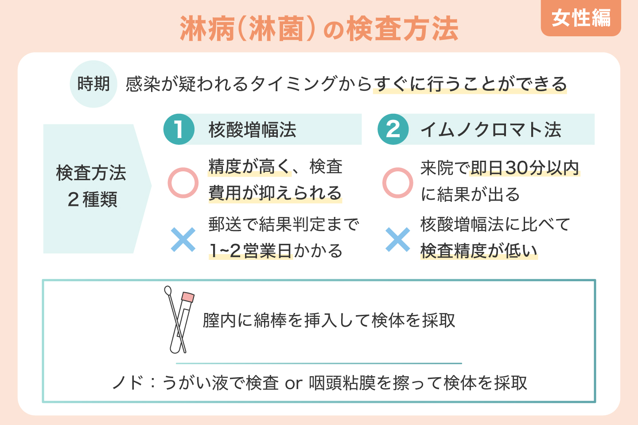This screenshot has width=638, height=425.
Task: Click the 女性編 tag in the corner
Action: pyautogui.click(x=581, y=18)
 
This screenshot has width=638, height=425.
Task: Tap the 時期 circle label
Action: pyautogui.click(x=93, y=84)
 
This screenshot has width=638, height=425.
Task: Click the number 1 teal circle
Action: pyautogui.click(x=179, y=129)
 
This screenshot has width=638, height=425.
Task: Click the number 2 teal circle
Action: pyautogui.click(x=393, y=129)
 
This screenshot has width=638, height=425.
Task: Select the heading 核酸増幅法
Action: pyautogui.click(x=252, y=130)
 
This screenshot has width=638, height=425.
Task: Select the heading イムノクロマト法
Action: pyautogui.click(x=490, y=130)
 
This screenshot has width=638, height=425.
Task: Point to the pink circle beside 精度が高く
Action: pyautogui.click(x=183, y=182)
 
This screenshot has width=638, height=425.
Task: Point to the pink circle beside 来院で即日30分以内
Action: pyautogui.click(x=397, y=182)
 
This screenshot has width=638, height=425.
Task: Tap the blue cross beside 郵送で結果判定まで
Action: pyautogui.click(x=183, y=240)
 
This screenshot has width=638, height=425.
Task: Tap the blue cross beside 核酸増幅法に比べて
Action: pyautogui.click(x=397, y=240)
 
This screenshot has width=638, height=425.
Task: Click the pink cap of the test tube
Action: pyautogui.click(x=188, y=297)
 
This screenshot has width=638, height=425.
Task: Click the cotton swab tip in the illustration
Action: pyautogui.click(x=168, y=290)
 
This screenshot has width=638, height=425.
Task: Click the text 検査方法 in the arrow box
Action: pyautogui.click(x=91, y=173)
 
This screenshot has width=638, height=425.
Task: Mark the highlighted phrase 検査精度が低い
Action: pyautogui.click(x=478, y=251)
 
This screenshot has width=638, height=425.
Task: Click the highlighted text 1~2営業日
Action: pyautogui.click(x=250, y=251)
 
